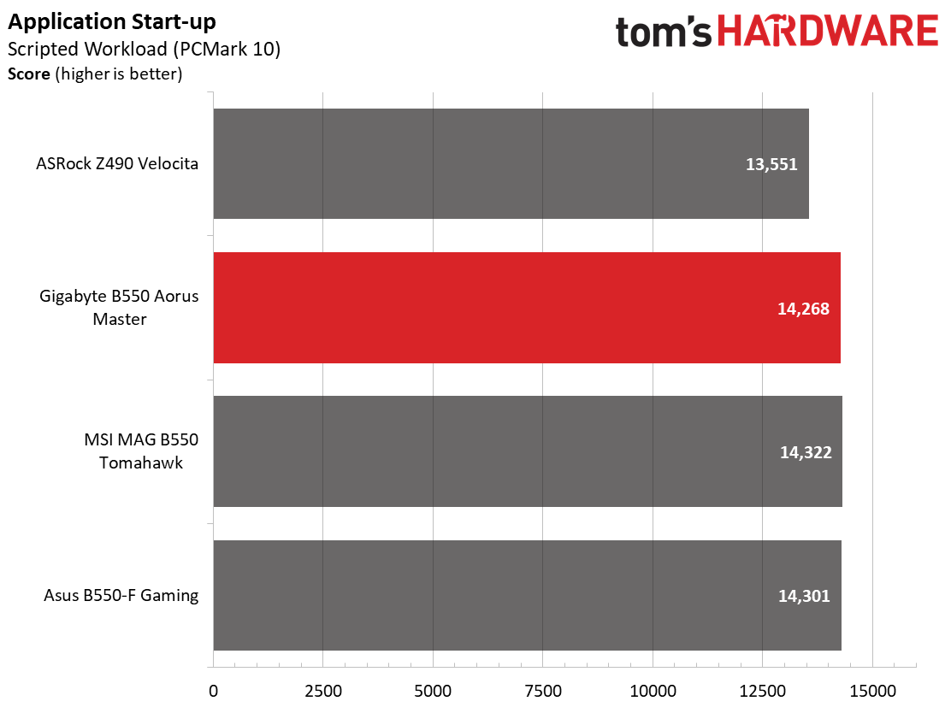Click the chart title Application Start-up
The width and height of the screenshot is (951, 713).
(x=111, y=22)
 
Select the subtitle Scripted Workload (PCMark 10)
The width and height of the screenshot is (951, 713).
(x=145, y=49)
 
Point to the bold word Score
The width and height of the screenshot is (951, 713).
(x=28, y=74)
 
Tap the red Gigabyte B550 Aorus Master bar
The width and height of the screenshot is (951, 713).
(x=527, y=308)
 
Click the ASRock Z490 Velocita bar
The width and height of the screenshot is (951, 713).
(x=511, y=163)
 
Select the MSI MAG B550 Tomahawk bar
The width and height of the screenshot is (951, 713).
(x=528, y=451)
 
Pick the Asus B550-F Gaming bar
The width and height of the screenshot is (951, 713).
(x=527, y=595)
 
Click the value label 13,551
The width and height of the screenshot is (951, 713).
(x=771, y=164)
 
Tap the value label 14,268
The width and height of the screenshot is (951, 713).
(x=803, y=309)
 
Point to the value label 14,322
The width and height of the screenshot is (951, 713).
(x=806, y=452)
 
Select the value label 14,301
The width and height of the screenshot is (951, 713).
(x=804, y=596)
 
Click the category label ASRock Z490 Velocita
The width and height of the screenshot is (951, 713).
(x=117, y=163)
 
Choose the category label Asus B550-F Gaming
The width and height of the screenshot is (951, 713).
(x=121, y=595)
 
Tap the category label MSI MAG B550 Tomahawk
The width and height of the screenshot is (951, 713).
(x=141, y=451)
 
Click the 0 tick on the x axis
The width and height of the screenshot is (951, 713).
(x=214, y=691)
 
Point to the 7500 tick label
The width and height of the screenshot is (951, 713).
(x=543, y=691)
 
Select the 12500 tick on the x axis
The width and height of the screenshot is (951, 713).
(x=762, y=691)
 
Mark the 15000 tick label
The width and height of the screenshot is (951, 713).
(x=873, y=691)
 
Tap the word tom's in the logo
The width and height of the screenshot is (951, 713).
(x=664, y=32)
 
